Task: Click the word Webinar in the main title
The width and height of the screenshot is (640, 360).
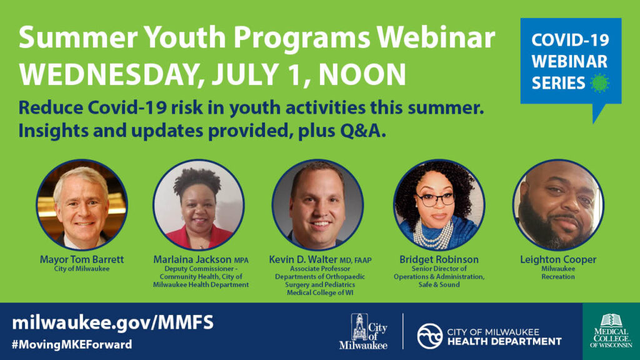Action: pyautogui.click(x=436, y=37)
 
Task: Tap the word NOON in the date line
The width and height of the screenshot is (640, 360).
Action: pyautogui.click(x=362, y=75)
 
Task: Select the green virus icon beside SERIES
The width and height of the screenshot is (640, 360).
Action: pyautogui.click(x=599, y=83)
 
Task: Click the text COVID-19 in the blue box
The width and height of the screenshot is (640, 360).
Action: pyautogui.click(x=570, y=40)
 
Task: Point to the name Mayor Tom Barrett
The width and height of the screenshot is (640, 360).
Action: pyautogui.click(x=82, y=259)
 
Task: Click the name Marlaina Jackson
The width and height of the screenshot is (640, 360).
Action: pyautogui.click(x=192, y=259)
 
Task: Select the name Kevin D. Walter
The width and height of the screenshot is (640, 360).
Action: pyautogui.click(x=303, y=259)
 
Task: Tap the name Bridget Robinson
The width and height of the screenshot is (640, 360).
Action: pyautogui.click(x=439, y=259)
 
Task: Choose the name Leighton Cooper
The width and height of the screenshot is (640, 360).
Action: pyautogui.click(x=558, y=259)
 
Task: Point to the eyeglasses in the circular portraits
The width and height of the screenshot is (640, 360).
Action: pyautogui.click(x=436, y=199)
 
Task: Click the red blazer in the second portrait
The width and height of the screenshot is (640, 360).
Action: pyautogui.click(x=199, y=238)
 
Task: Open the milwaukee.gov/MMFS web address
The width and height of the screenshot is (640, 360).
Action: pyautogui.click(x=112, y=322)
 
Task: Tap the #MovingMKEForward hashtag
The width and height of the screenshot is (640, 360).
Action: pyautogui.click(x=72, y=344)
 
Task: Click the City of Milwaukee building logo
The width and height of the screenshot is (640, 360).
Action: pyautogui.click(x=363, y=331)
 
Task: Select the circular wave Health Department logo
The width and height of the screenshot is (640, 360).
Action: pyautogui.click(x=430, y=336)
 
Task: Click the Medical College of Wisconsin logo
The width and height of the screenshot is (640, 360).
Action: pyautogui.click(x=611, y=331)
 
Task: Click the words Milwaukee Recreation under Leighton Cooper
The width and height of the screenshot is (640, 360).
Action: pyautogui.click(x=558, y=272)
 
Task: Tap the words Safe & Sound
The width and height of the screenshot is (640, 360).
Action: pyautogui.click(x=439, y=284)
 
